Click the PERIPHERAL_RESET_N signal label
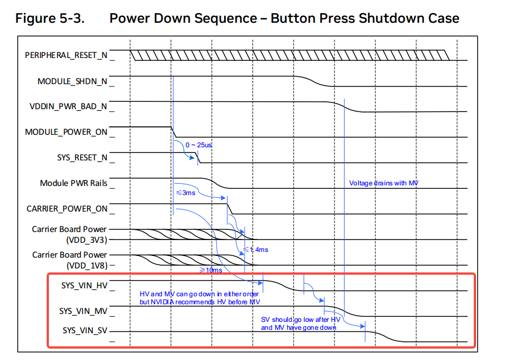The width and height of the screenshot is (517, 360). click(x=67, y=55)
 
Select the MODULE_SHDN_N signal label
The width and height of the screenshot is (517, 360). click(x=73, y=81)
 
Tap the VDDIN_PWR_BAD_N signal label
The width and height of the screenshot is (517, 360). click(x=69, y=106)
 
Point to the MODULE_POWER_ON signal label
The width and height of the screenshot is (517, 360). click(x=67, y=132)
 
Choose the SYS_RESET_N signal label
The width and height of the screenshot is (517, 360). click(x=82, y=158)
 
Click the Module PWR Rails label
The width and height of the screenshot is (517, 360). click(x=74, y=183)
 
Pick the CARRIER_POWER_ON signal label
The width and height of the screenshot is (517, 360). click(x=67, y=209)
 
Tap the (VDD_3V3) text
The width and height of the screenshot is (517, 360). click(x=87, y=239)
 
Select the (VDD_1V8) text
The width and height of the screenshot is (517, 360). click(x=87, y=266)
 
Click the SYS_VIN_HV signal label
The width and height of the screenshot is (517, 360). click(x=84, y=285)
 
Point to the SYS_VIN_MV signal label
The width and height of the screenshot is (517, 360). click(x=84, y=311)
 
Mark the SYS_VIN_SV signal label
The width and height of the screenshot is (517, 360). click(x=85, y=330)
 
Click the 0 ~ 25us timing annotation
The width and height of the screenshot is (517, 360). click(x=198, y=145)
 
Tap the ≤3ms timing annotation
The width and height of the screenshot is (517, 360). click(x=185, y=193)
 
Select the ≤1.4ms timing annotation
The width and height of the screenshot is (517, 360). click(x=256, y=250)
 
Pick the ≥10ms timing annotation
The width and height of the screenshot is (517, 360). click(x=211, y=270)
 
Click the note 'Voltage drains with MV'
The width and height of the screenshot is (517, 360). click(x=384, y=183)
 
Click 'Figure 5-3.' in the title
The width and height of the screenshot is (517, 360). click(x=50, y=18)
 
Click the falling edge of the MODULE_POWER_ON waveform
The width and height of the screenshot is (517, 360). click(x=174, y=132)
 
